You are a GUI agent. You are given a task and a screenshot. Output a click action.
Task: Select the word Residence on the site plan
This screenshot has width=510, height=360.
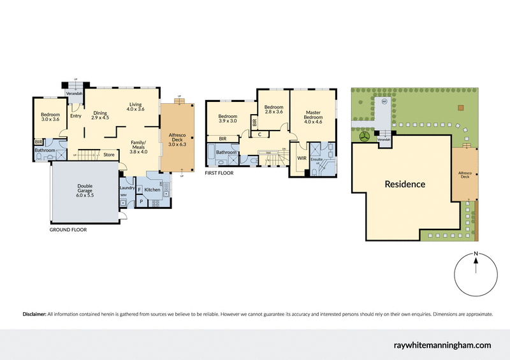(x=404, y=184)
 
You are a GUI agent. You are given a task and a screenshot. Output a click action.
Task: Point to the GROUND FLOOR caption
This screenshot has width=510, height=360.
(x=68, y=229)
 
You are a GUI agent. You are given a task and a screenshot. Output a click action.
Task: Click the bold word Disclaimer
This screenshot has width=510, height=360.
(x=34, y=314)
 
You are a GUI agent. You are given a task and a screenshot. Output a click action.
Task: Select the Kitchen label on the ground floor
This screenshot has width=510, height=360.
(x=152, y=190)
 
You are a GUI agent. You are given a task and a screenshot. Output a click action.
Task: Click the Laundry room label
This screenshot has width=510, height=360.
(x=126, y=188)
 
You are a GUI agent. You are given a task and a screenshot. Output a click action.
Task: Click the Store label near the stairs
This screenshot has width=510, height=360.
(x=109, y=154)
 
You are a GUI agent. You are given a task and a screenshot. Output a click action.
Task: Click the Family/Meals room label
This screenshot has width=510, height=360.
(x=138, y=147)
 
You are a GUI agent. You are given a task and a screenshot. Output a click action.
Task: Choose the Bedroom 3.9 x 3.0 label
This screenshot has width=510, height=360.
(x=228, y=120)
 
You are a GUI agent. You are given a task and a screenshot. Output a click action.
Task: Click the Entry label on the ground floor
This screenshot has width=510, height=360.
(x=76, y=116)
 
